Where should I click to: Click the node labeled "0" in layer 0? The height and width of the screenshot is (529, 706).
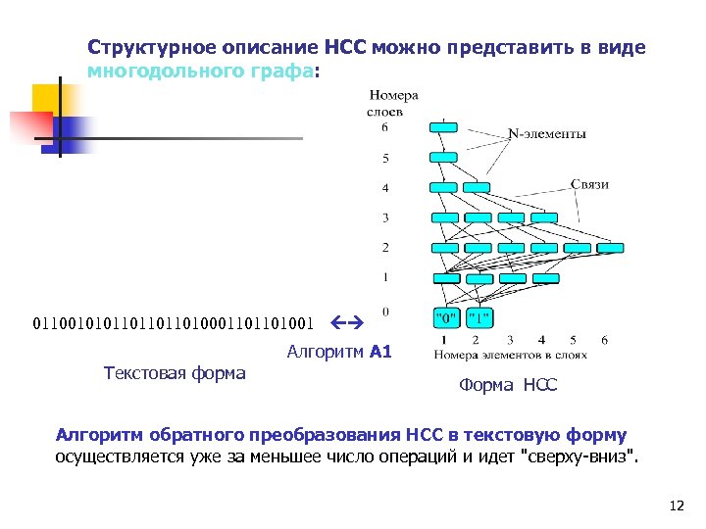[446, 317]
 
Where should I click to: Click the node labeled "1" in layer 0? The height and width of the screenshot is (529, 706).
[479, 317]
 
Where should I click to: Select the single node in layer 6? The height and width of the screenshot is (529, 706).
[444, 127]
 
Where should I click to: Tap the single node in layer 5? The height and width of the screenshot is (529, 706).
[444, 157]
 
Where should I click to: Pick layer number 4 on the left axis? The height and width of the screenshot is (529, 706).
[385, 187]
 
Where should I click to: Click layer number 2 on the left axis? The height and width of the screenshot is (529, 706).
[385, 248]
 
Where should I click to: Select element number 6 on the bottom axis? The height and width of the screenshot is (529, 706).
[604, 339]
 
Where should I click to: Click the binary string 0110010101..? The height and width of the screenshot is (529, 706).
[174, 321]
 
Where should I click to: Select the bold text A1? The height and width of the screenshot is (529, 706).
[380, 352]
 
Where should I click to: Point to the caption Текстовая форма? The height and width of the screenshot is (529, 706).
[175, 372]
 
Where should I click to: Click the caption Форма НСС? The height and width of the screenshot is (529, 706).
[507, 386]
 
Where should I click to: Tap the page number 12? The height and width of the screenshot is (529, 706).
[675, 505]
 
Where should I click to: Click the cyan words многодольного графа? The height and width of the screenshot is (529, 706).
[201, 72]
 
